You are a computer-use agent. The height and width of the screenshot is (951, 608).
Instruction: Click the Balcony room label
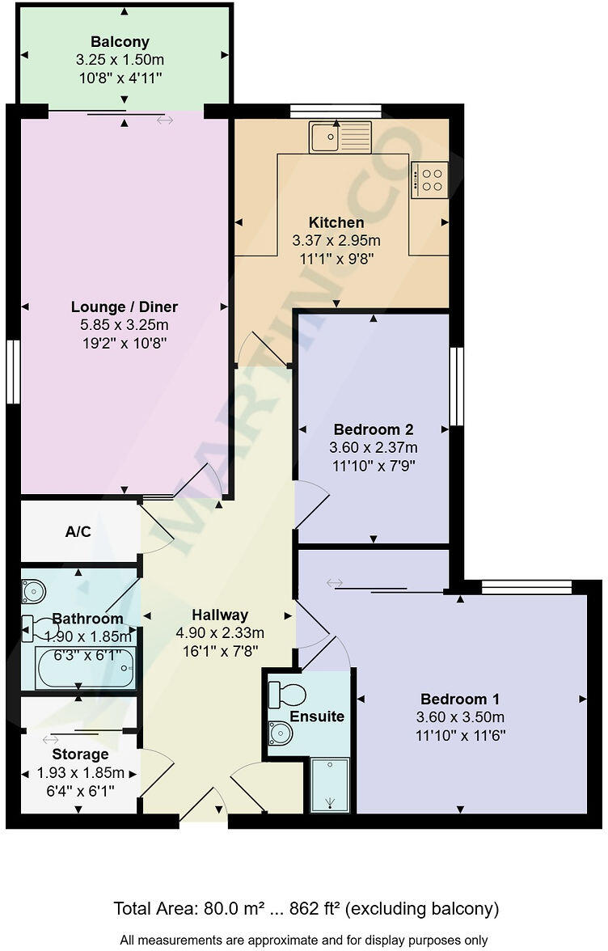tap(120, 42)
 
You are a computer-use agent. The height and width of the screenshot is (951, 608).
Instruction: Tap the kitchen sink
tap(340, 137)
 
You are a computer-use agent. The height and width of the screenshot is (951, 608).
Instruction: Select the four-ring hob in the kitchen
tap(430, 180)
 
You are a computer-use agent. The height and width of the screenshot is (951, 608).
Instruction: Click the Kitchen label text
tap(336, 222)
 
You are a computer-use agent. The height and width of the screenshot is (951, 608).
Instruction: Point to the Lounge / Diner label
tap(125, 307)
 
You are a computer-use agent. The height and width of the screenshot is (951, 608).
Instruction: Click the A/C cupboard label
tap(77, 533)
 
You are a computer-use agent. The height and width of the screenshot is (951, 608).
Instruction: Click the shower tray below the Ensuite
tap(330, 784)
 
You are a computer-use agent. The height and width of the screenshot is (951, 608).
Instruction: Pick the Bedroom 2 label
tap(374, 429)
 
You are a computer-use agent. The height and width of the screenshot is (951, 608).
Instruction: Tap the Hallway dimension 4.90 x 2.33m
tap(221, 632)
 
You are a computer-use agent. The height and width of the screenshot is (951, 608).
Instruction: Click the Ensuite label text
tap(317, 716)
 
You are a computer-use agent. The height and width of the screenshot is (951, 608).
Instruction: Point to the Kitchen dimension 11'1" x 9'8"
tap(336, 258)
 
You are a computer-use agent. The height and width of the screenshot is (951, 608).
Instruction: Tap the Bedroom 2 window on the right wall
tap(456, 387)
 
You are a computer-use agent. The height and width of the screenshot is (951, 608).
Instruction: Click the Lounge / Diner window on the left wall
tap(12, 372)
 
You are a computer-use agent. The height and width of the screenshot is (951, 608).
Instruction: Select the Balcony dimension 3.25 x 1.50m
tap(120, 60)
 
